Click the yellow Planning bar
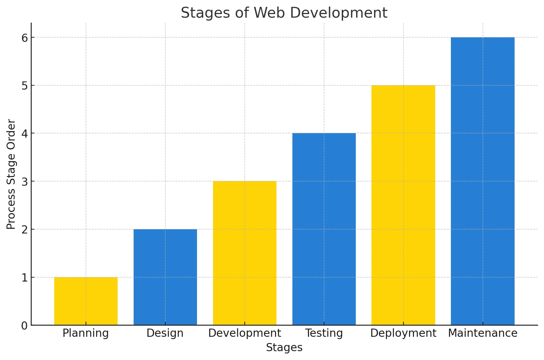point(86,301)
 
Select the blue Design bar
point(165,277)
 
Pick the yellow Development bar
point(245,253)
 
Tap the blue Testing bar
point(324,229)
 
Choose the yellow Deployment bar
point(404,205)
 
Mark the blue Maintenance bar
point(483,181)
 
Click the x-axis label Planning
point(86,333)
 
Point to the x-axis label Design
point(165,333)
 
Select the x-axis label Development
point(245,333)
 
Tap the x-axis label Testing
point(324,333)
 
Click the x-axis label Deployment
point(404,333)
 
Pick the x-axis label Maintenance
point(483,333)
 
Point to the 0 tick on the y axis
point(25,326)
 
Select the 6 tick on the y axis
point(25,38)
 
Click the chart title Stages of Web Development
point(284,13)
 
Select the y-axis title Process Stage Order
point(11,174)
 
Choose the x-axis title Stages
point(284,348)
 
